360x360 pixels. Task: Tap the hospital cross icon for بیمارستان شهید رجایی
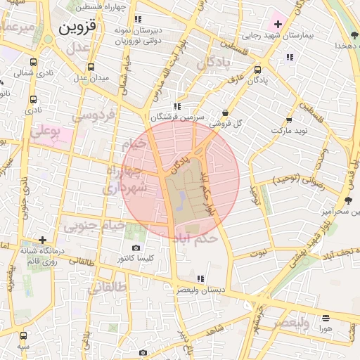tap(278, 25)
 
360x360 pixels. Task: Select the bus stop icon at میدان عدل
tap(91, 68)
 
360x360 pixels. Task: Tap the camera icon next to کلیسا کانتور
tap(136, 247)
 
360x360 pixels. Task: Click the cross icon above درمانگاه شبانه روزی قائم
tap(44, 240)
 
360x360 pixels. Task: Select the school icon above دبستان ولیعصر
tap(201, 278)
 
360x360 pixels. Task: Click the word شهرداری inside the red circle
tap(124, 188)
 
